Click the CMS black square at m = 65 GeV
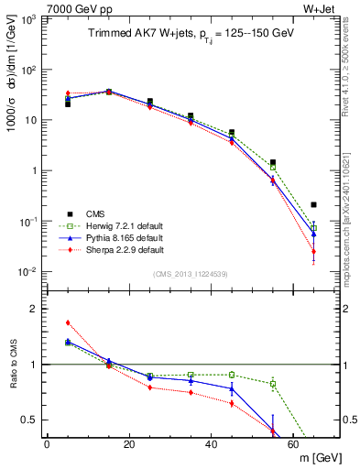point(313,204)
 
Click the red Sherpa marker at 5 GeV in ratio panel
point(68,322)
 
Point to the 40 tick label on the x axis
point(211,443)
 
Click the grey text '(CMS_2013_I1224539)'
point(190,273)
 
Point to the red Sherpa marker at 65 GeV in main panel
point(313,252)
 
